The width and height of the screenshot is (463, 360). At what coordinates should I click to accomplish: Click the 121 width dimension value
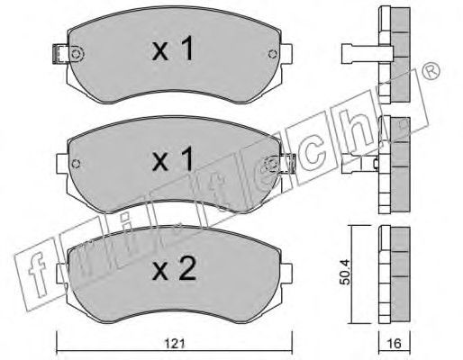point(175,343)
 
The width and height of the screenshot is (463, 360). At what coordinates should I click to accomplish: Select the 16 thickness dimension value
point(395,343)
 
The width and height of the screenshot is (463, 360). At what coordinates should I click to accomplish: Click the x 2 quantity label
point(174,268)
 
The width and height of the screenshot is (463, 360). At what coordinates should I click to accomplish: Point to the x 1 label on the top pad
point(173,48)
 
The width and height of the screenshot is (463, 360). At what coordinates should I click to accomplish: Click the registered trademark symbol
point(431,72)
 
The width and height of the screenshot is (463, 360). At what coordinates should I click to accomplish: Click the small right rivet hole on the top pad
point(273,54)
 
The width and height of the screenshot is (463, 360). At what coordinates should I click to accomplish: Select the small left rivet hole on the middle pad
point(77,164)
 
